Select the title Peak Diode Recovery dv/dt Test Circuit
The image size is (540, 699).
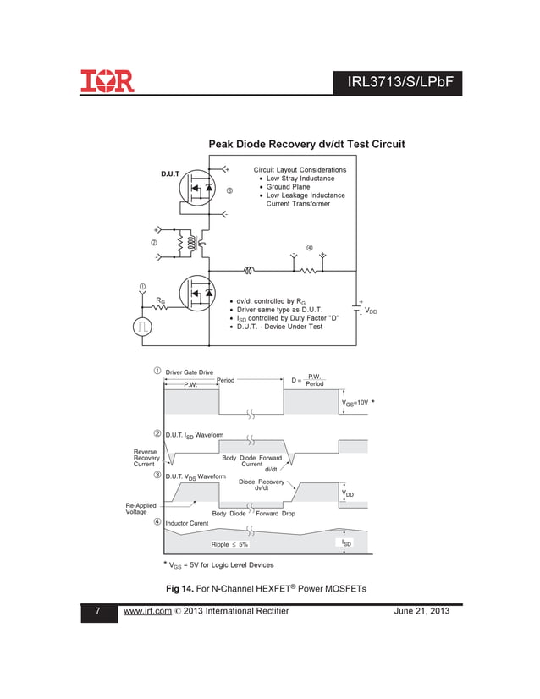click(x=306, y=145)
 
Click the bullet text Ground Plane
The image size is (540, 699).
click(x=288, y=187)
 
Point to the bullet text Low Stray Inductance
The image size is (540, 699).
click(x=300, y=179)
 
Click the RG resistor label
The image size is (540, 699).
click(x=160, y=300)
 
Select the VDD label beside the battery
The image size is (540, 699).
click(x=371, y=311)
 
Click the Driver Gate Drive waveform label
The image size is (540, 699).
click(x=189, y=372)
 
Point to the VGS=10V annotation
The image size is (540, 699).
click(x=355, y=404)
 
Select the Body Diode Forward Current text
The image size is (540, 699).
click(x=251, y=460)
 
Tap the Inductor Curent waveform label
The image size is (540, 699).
click(x=186, y=524)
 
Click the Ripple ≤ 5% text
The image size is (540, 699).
click(x=229, y=544)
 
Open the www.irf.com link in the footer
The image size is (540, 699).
click(x=148, y=611)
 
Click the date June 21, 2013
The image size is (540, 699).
click(x=422, y=611)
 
